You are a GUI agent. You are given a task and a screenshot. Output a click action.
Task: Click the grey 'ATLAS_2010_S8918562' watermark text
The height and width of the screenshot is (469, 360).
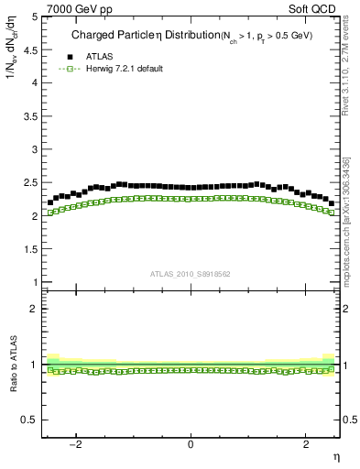[x=190, y=273]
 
